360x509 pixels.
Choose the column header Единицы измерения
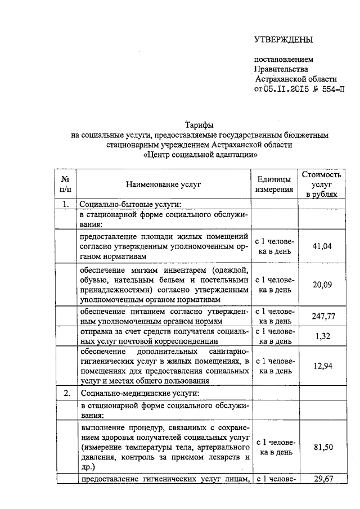click(x=274, y=184)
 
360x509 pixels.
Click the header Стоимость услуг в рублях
click(x=322, y=184)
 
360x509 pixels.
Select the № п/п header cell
click(x=65, y=184)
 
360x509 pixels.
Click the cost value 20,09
click(x=322, y=285)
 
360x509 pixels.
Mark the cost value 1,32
click(x=322, y=336)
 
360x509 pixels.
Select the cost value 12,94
click(x=322, y=366)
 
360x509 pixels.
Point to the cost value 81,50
click(x=322, y=447)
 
